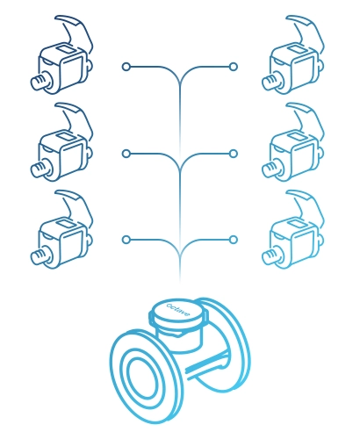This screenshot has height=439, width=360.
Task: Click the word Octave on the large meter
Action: (178, 310)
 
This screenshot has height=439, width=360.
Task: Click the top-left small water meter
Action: (62, 54)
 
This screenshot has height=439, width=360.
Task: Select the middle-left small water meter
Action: (62, 142)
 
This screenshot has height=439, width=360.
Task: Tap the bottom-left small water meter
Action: (62, 229)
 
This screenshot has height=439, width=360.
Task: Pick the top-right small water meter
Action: (293, 54)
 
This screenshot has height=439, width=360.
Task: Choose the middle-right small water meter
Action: (293, 142)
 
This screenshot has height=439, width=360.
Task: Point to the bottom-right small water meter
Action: (293, 229)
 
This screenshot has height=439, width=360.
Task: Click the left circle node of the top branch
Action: (126, 67)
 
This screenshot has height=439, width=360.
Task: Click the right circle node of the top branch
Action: (234, 67)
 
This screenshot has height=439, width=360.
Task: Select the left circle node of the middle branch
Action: (126, 154)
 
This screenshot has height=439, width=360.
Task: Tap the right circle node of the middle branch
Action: (234, 154)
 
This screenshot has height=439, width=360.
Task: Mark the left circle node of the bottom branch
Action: (126, 240)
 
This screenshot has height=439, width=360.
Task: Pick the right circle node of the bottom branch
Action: (234, 240)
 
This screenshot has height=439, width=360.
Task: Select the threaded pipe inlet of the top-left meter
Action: (40, 82)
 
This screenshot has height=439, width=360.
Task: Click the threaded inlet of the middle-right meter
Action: (270, 169)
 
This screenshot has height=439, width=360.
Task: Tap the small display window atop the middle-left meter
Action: (66, 136)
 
